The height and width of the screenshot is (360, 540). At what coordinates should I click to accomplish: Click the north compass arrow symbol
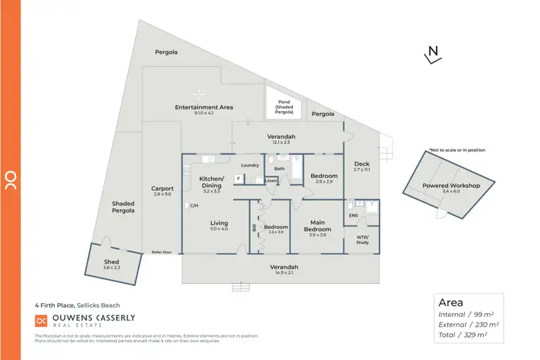[432, 55]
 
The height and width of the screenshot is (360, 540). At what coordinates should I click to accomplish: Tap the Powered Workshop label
[451, 185]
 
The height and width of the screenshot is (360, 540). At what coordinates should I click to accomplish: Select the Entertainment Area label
[204, 107]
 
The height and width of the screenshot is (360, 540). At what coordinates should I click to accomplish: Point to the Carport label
[163, 189]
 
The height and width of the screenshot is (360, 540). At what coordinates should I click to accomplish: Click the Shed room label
[112, 261]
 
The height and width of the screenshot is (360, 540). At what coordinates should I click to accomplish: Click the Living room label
[219, 222]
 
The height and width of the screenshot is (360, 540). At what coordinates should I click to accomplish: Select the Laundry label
[250, 166]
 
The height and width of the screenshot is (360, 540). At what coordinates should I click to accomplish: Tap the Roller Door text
[162, 252]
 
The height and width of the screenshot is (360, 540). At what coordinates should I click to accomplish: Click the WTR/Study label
[363, 240]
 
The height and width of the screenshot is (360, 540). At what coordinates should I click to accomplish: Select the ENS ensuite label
[353, 215]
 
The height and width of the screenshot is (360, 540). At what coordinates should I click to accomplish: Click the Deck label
[361, 164]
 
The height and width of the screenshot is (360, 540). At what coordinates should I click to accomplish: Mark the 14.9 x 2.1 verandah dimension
[284, 273]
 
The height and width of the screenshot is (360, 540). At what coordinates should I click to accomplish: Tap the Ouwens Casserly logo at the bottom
[85, 321]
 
